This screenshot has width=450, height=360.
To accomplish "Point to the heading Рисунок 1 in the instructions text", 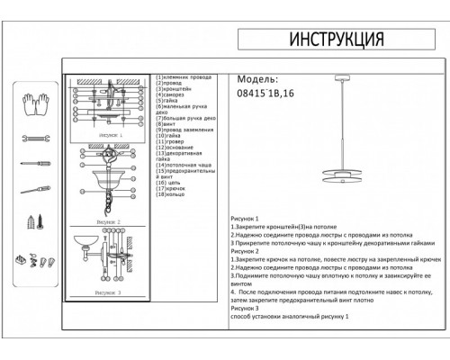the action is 245,219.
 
